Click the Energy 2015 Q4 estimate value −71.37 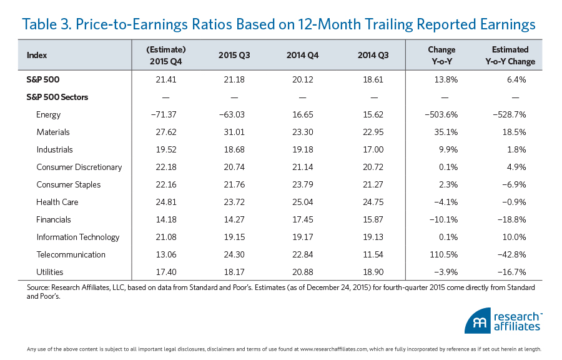click(167, 114)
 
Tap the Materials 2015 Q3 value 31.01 click(234, 132)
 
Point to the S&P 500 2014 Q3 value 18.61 click(373, 79)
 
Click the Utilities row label click(50, 272)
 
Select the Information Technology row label click(78, 237)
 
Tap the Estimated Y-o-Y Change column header click(510, 55)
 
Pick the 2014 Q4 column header click(303, 55)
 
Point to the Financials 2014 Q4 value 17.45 click(303, 219)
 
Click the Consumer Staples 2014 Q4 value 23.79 click(303, 184)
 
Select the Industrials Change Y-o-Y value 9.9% click(446, 149)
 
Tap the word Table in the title click(41, 24)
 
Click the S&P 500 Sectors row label click(58, 97)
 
